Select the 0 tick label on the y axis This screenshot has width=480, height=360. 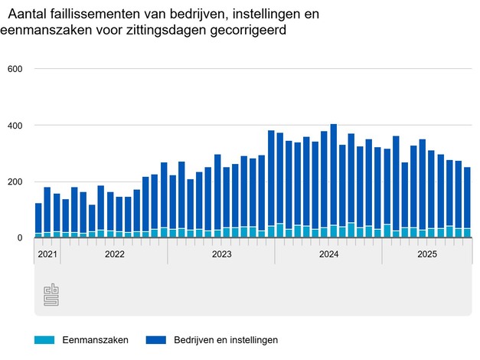pyautogui.click(x=21, y=238)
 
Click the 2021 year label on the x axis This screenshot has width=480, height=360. pyautogui.click(x=47, y=254)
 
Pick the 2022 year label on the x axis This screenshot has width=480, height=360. pyautogui.click(x=114, y=254)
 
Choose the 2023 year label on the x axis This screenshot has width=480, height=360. pyautogui.click(x=221, y=254)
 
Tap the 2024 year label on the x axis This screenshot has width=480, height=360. pyautogui.click(x=328, y=254)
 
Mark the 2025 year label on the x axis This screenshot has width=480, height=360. pyautogui.click(x=426, y=254)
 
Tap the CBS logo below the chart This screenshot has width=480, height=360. pyautogui.click(x=50, y=295)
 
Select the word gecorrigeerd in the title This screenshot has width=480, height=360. pyautogui.click(x=251, y=31)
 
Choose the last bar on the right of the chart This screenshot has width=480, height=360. pyautogui.click(x=467, y=202)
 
